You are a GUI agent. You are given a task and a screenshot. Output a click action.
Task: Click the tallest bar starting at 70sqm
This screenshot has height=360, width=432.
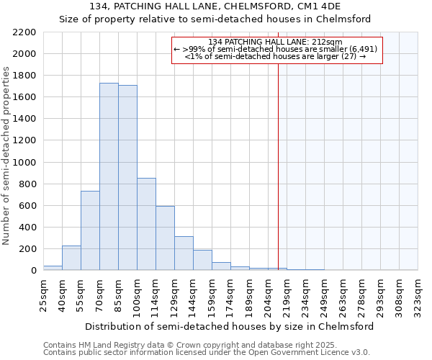pyautogui.click(x=109, y=176)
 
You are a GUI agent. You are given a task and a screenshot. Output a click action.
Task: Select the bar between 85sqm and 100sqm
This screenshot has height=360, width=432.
pyautogui.click(x=127, y=178)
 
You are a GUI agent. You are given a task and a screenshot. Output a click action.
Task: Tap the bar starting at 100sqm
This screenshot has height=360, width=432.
pyautogui.click(x=146, y=224)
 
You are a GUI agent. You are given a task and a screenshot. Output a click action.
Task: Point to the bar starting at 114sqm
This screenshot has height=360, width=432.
pyautogui.click(x=165, y=238)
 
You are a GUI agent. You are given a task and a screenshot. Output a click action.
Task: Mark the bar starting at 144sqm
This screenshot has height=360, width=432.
pyautogui.click(x=202, y=260)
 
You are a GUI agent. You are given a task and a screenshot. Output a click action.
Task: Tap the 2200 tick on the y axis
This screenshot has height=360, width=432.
pyautogui.click(x=24, y=32)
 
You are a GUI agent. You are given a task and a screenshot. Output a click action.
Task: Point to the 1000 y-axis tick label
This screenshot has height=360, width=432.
pyautogui.click(x=24, y=163)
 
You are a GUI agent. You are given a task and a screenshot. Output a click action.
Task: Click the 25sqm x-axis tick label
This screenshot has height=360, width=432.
pyautogui.click(x=43, y=294)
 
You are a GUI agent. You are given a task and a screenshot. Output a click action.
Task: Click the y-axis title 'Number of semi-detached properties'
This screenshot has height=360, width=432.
pyautogui.click(x=7, y=155)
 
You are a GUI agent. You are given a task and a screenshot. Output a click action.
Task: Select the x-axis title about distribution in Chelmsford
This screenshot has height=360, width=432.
pyautogui.click(x=229, y=326)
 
